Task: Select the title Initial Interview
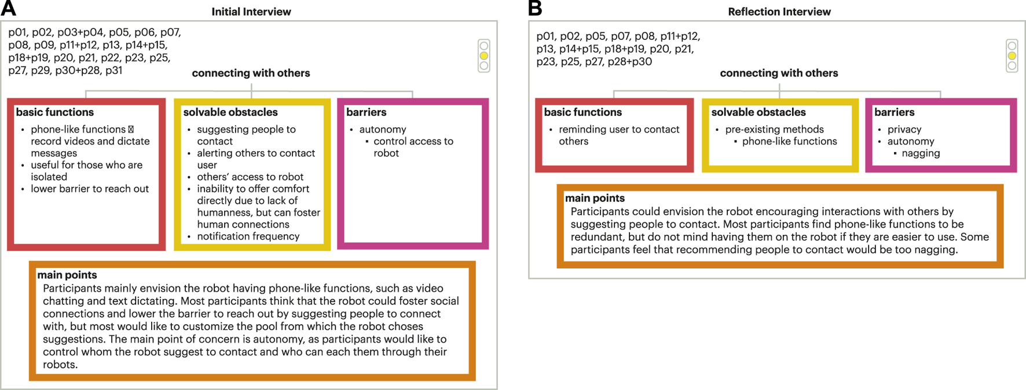pos(251,12)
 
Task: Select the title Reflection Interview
pos(779,12)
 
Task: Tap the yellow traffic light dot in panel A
pos(484,56)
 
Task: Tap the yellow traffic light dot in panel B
pos(1012,56)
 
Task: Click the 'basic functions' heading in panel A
pos(54,112)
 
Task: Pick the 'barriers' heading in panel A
pos(366,112)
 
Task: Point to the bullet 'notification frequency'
pos(248,236)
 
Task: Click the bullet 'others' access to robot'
pos(250,177)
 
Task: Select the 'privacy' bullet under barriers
pos(904,130)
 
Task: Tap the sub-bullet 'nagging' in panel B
pos(920,153)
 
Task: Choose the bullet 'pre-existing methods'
pos(774,130)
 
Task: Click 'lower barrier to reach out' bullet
pos(90,189)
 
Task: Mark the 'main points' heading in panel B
pos(595,198)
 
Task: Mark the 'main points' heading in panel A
pos(67,275)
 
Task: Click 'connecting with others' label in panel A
pos(251,73)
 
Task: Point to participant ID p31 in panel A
pos(113,71)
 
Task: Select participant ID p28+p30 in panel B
pos(630,61)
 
